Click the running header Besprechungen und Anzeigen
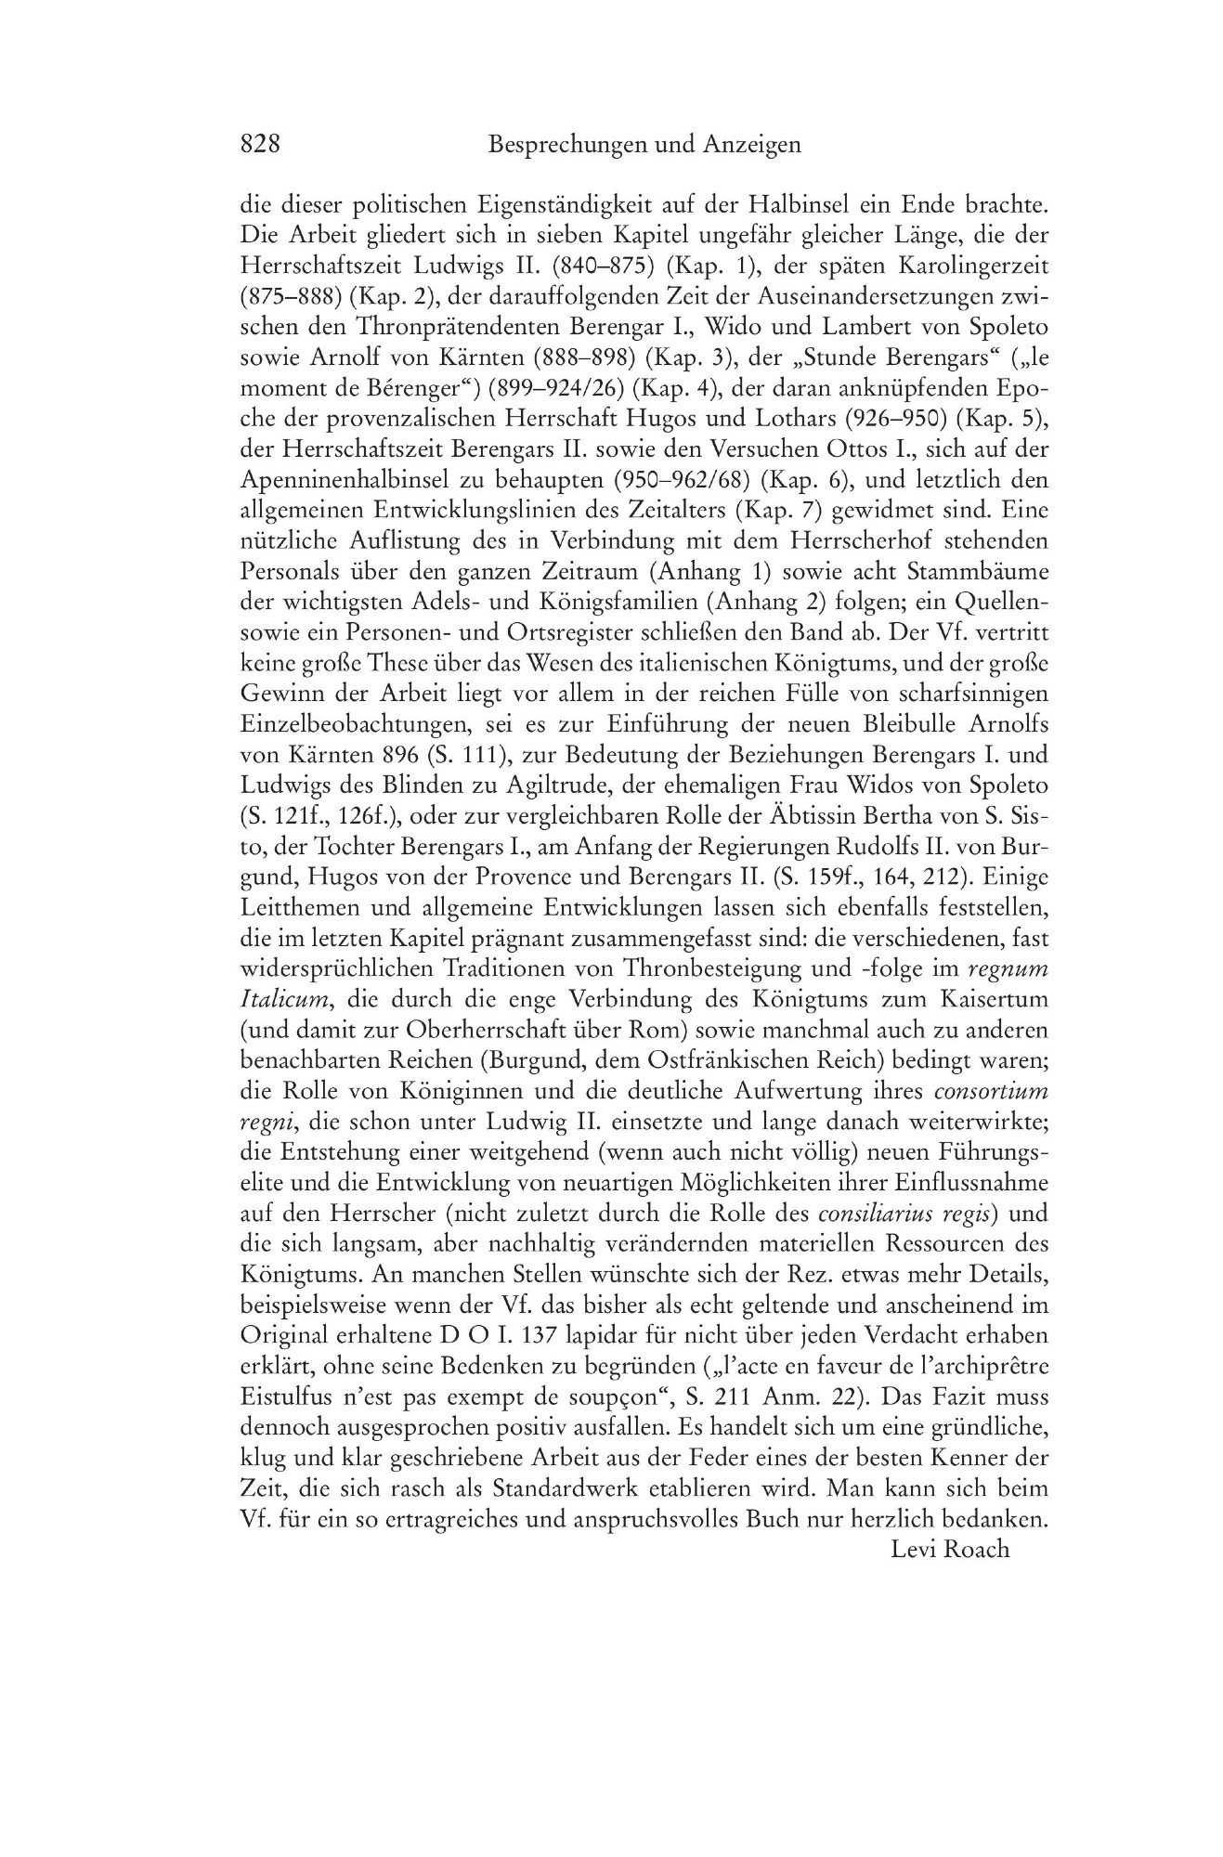pyautogui.click(x=643, y=145)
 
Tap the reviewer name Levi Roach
pyautogui.click(x=949, y=1548)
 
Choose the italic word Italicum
pyautogui.click(x=279, y=1000)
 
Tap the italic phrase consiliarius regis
pyautogui.click(x=906, y=1214)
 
